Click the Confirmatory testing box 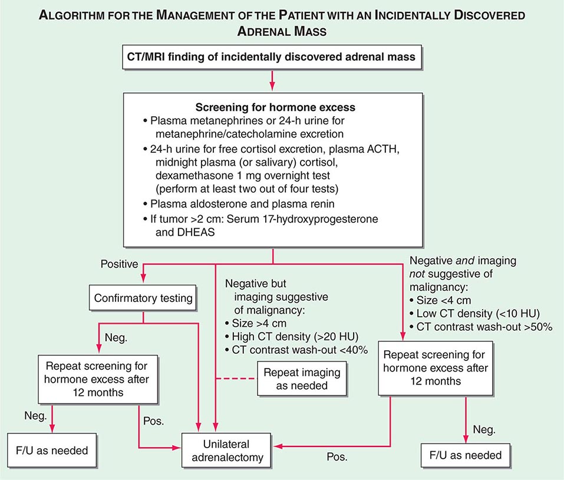click(x=144, y=298)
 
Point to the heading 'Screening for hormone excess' click(x=272, y=109)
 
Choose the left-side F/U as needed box click(x=52, y=451)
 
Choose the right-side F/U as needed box click(x=466, y=455)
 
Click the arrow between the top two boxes click(x=272, y=79)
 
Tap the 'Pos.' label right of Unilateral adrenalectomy click(x=338, y=456)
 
